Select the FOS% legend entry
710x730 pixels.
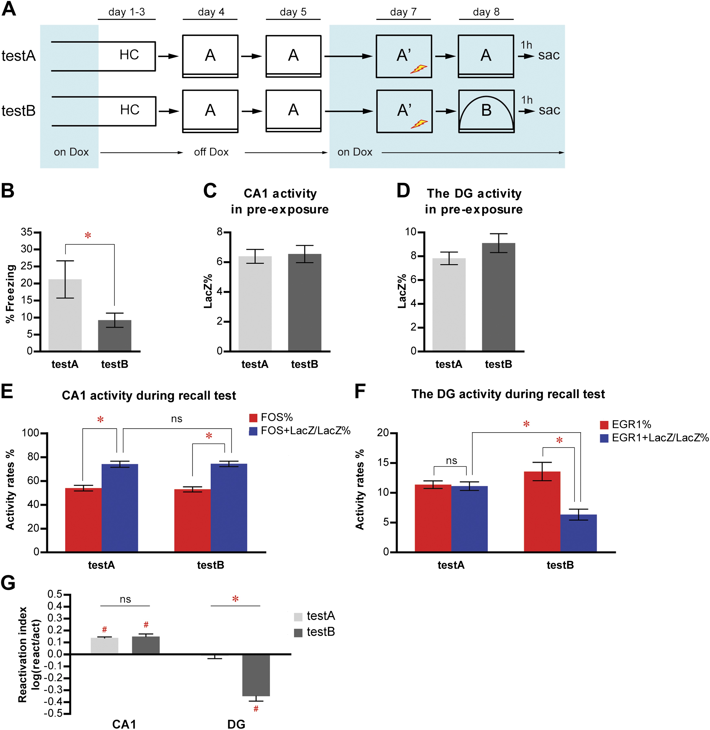coord(271,417)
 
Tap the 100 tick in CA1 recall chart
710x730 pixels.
coord(31,433)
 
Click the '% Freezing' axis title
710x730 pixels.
coord(10,294)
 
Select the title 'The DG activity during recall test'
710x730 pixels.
coord(508,394)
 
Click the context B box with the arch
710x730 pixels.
coord(486,111)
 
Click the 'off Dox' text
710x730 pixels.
coord(211,152)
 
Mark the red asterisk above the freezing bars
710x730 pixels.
coord(88,235)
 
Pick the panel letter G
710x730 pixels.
coord(8,583)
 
